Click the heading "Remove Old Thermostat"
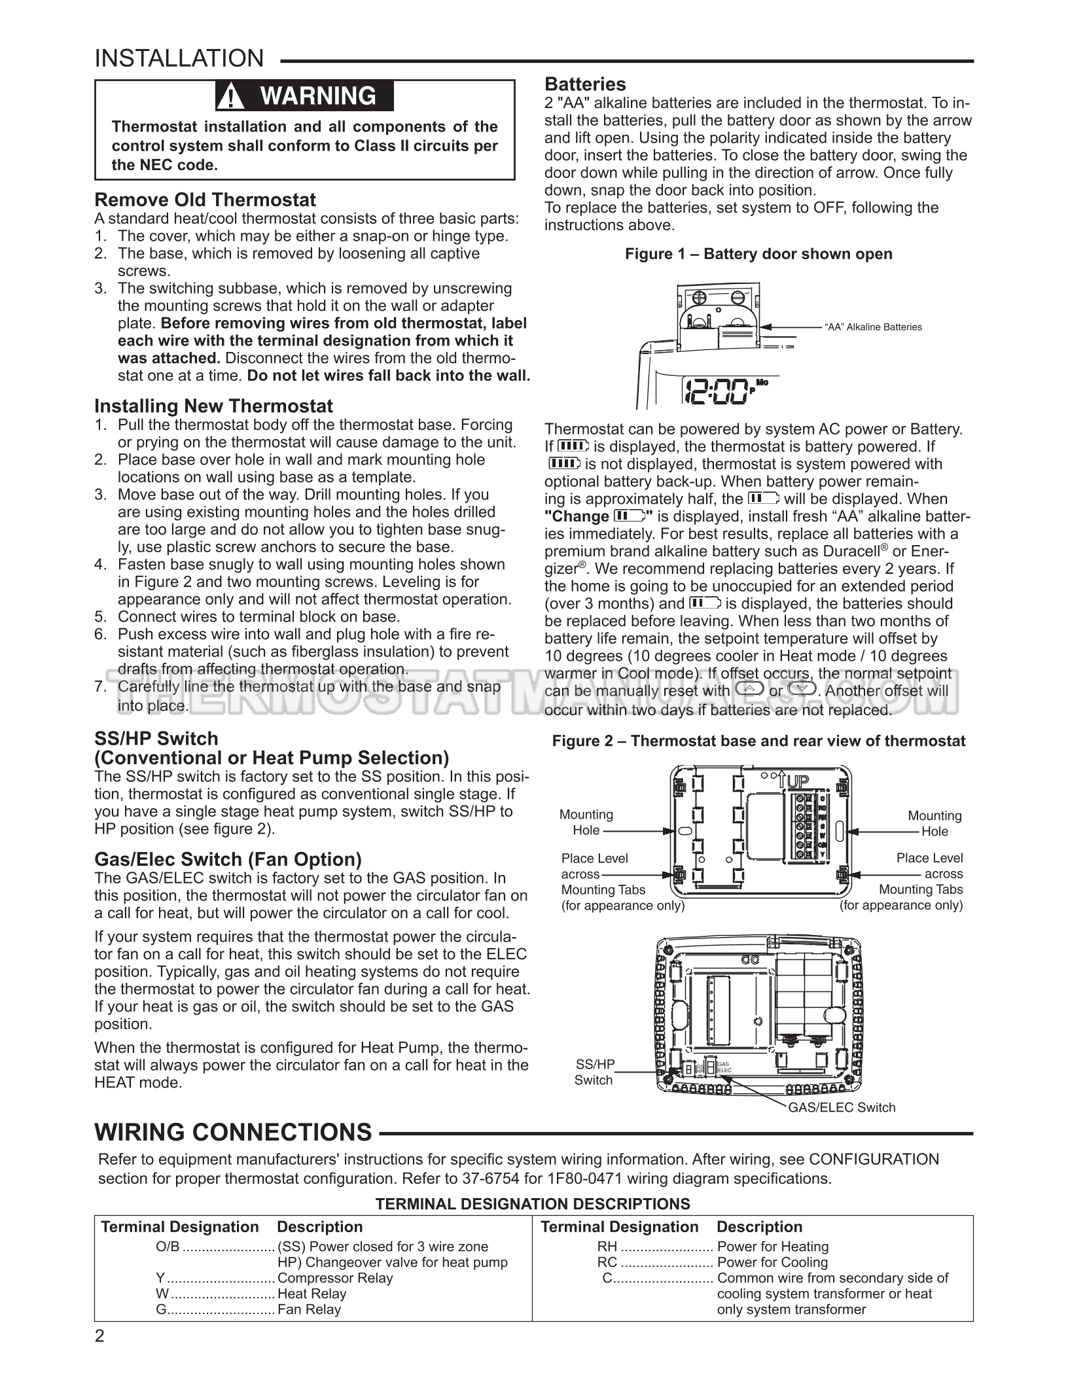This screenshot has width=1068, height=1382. click(205, 200)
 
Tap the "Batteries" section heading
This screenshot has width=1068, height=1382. click(585, 84)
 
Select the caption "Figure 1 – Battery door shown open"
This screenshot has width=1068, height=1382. click(758, 254)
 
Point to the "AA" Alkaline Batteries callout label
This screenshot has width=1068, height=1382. click(873, 327)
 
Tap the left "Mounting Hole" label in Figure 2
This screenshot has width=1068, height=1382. click(586, 823)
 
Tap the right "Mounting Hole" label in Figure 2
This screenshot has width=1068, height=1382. click(934, 823)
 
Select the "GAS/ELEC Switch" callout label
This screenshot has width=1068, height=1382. click(842, 1107)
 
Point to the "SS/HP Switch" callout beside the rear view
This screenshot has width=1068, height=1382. click(594, 1072)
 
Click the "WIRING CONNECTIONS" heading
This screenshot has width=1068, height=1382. click(234, 1132)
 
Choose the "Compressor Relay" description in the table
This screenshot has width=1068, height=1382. click(335, 1278)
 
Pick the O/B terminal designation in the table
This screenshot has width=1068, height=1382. click(168, 1247)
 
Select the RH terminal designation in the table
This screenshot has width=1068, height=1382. click(607, 1247)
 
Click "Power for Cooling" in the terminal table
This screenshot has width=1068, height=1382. click(772, 1262)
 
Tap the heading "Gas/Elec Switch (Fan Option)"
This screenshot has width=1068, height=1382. click(228, 859)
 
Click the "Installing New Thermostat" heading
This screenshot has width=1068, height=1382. click(213, 406)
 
